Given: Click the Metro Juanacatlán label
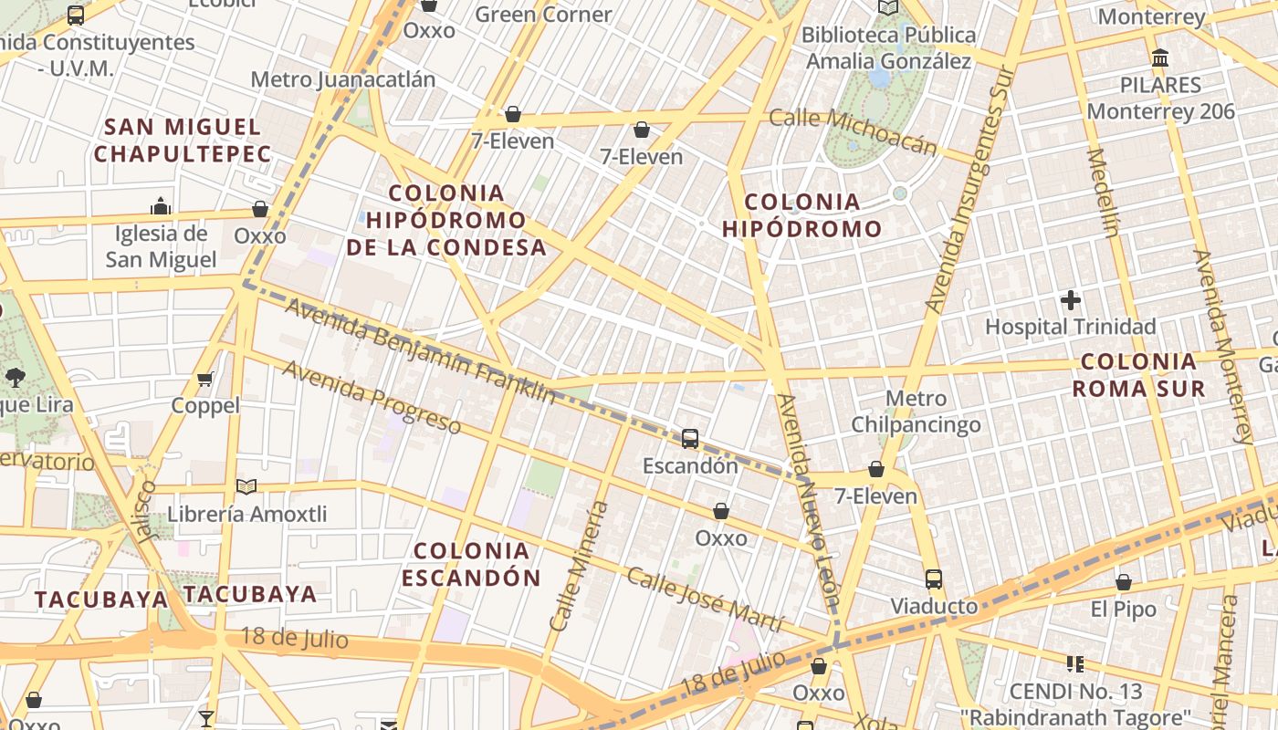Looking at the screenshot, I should coord(342,79).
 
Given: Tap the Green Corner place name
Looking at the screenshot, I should coord(543,15).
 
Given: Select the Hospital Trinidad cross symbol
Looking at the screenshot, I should coord(1071,299).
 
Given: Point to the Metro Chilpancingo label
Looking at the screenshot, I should coord(916,412).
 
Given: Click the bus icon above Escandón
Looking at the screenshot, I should coord(690,439).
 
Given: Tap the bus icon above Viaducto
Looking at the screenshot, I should coord(933,579).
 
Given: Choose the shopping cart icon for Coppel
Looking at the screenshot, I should coord(205,379).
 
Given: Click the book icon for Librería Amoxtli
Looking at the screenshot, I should coord(246,486).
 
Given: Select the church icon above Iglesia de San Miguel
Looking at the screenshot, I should coord(161,205).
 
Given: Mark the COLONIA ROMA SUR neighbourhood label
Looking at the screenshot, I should coord(1138,375).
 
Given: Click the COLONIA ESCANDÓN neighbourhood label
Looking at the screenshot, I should coord(471,564).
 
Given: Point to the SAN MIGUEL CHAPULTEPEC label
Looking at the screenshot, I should coord(183,140).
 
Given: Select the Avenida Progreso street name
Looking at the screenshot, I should coord(372,397).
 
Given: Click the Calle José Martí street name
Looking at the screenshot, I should coord(704,600).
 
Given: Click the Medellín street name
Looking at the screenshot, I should coord(1103,192).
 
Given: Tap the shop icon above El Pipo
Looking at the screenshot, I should coord(1124,582).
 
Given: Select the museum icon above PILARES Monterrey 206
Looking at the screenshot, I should coord(1160,58).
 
